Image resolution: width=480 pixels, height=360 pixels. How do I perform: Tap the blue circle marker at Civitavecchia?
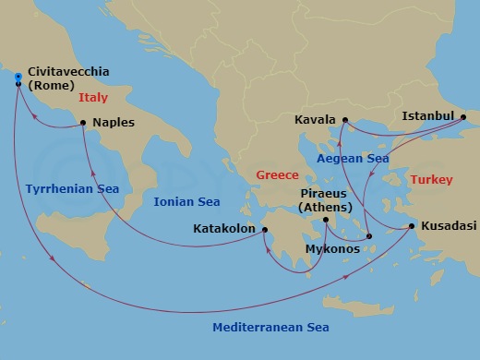coord(18,77)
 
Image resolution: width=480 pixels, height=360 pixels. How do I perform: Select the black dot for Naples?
coord(83,122)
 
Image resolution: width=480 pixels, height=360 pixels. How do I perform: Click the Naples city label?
coord(113,122)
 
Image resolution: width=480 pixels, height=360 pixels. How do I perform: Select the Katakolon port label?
coord(222,228)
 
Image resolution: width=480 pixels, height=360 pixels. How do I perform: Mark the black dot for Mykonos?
coord(369,236)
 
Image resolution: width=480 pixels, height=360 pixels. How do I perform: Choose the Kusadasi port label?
coord(448,226)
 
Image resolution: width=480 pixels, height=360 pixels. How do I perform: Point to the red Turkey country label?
coord(431,179)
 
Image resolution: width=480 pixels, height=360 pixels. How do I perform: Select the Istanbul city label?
coord(428,116)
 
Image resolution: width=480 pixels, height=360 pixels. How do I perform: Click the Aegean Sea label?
coord(351,159)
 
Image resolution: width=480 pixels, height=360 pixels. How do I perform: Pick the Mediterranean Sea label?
coord(270,328)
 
